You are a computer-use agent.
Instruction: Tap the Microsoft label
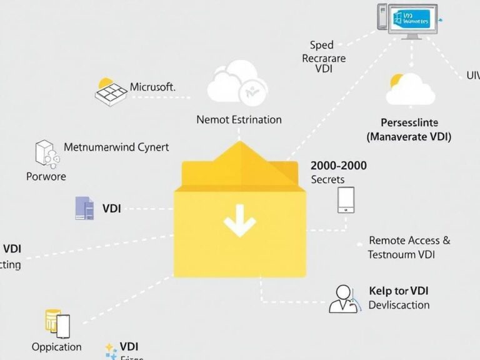point(152,87)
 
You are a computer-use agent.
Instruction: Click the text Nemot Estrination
point(239,119)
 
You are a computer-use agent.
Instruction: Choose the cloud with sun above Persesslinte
point(409,89)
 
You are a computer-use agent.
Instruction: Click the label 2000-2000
point(339,166)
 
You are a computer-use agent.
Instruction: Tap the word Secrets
point(327,179)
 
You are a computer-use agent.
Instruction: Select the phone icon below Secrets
point(346,200)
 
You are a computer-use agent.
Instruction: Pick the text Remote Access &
point(409,240)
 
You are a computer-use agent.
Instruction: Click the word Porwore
point(46,176)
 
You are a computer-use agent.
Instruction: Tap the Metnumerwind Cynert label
point(116,147)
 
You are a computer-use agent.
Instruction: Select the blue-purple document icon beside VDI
point(84,208)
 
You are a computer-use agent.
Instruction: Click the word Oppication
point(56,346)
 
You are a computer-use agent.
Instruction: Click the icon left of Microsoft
point(111,92)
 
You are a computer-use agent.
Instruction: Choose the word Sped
point(322,45)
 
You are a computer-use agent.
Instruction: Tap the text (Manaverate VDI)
point(409,136)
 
